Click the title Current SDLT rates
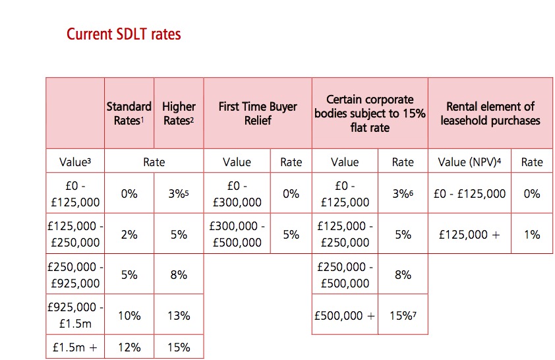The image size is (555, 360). [x=123, y=34]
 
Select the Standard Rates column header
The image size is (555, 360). [x=129, y=113]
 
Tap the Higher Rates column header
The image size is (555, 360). [x=179, y=113]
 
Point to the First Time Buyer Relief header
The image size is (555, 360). [x=258, y=113]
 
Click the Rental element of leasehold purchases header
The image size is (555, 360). [x=490, y=113]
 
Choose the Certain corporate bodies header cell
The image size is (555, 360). [x=370, y=113]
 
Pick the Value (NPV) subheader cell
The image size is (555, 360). [x=469, y=162]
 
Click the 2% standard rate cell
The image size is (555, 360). [x=129, y=234]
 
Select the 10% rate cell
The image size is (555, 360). [x=129, y=316]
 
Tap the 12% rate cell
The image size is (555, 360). [x=129, y=347]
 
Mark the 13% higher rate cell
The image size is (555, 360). [x=179, y=316]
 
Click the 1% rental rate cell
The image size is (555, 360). [x=531, y=234]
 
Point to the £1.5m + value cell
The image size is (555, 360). [x=75, y=347]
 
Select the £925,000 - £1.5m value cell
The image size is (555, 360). [x=75, y=316]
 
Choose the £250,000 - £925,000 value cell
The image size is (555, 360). [x=75, y=275]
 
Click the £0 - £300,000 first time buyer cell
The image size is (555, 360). [x=237, y=194]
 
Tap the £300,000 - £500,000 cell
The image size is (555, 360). [x=237, y=234]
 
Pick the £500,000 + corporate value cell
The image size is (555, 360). [x=345, y=316]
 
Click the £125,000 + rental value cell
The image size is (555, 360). [x=469, y=234]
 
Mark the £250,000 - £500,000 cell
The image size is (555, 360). [x=345, y=275]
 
